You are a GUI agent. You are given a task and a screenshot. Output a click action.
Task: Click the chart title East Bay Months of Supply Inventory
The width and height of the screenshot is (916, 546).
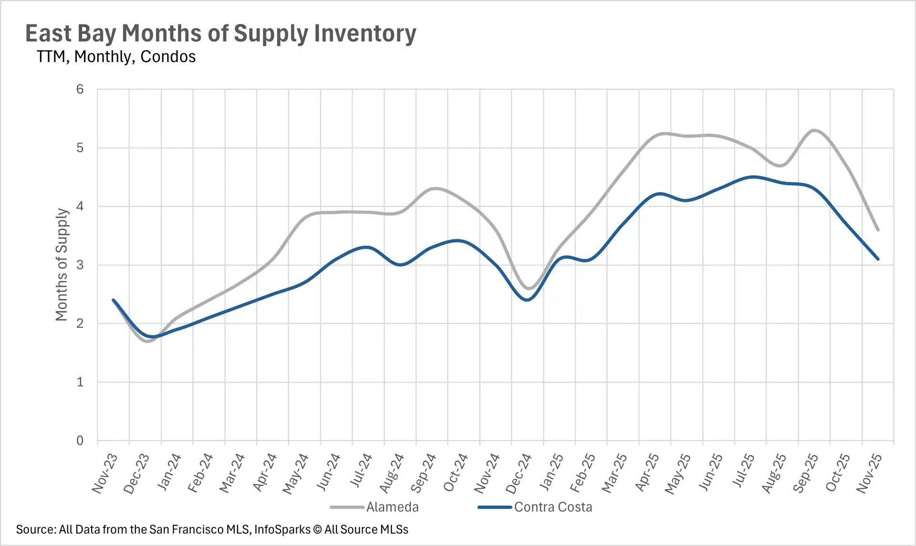[220, 33]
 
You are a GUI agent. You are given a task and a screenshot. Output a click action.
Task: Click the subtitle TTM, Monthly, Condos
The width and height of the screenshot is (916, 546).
[116, 57]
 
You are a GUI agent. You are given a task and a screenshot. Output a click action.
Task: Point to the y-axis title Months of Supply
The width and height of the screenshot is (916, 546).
[62, 264]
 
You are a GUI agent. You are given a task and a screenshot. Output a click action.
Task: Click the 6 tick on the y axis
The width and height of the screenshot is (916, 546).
[80, 89]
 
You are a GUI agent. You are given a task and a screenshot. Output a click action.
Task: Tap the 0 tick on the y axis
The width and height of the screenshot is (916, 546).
[80, 441]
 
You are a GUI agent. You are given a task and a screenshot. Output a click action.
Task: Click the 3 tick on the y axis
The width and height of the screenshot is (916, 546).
[80, 265]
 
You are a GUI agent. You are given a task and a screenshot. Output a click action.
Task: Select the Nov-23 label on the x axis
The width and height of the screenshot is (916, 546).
[104, 473]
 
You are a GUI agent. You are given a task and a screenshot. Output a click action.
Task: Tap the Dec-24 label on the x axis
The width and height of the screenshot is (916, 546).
[519, 473]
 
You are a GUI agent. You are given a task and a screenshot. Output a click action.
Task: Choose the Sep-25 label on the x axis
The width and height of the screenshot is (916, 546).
[805, 473]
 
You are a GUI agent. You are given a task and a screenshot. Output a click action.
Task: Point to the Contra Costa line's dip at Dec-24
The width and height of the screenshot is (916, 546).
[527, 300]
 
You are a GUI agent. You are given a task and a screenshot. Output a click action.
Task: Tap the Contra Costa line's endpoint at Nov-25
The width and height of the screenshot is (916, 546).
[878, 259]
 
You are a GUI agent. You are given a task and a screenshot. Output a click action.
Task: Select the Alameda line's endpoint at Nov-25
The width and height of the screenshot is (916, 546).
[878, 230]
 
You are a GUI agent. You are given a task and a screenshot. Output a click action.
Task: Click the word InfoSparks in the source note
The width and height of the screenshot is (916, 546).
[282, 529]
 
